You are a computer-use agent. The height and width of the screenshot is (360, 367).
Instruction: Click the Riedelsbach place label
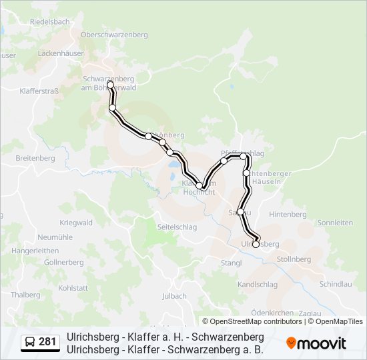49,21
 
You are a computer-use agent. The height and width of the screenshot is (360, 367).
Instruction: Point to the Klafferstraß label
41,91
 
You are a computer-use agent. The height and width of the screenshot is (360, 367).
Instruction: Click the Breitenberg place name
35,158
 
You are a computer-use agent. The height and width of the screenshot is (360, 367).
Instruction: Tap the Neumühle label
54,237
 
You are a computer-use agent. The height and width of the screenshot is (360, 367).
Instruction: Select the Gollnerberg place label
63,263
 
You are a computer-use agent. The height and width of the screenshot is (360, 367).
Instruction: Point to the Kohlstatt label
73,288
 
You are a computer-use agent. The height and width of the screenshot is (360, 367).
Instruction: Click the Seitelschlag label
176,227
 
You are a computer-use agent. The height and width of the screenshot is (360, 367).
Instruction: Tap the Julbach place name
174,295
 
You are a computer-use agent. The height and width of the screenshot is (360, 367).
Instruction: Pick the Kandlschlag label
258,284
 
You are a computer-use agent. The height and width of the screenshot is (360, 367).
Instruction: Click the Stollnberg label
294,259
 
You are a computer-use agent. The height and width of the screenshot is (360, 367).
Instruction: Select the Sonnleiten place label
336,223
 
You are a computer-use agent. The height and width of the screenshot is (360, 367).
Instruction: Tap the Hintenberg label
288,214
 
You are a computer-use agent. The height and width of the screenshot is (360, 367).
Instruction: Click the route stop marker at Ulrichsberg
256,244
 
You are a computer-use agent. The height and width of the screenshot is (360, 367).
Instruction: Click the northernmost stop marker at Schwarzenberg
110,85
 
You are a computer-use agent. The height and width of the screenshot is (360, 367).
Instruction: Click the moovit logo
316,343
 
